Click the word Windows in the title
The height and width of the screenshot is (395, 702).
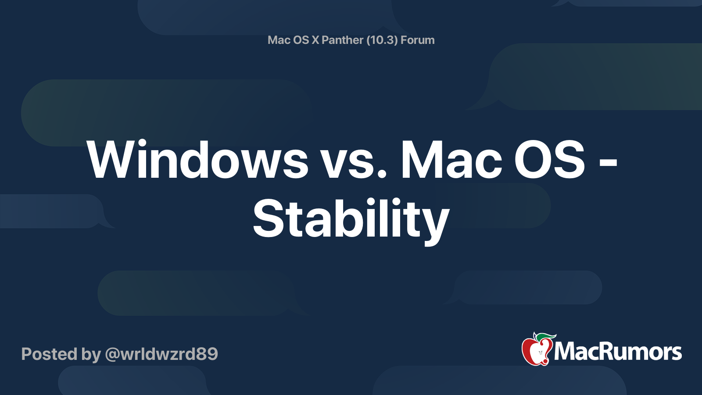(x=197, y=160)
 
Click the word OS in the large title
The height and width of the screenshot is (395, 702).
(x=549, y=160)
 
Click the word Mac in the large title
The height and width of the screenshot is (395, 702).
(x=451, y=160)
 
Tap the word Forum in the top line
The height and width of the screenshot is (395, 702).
(x=417, y=40)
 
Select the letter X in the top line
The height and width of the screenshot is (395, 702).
(x=315, y=40)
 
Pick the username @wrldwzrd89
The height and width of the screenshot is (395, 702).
(x=161, y=354)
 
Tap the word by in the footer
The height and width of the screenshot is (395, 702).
(x=91, y=355)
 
